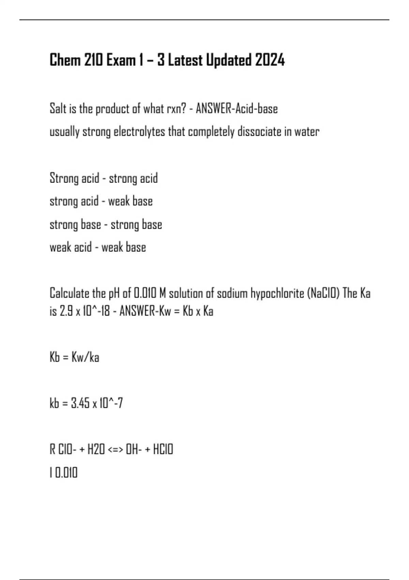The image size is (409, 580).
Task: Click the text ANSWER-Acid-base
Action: click(237, 109)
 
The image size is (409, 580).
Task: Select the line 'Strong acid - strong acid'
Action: click(104, 178)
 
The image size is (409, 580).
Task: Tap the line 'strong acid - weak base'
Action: click(101, 201)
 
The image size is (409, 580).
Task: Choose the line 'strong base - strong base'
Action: click(106, 224)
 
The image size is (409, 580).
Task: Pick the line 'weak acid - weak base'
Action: click(98, 247)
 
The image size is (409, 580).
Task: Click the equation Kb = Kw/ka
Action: click(74, 357)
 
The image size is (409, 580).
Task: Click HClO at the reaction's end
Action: click(163, 449)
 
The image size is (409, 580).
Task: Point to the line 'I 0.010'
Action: click(64, 473)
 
